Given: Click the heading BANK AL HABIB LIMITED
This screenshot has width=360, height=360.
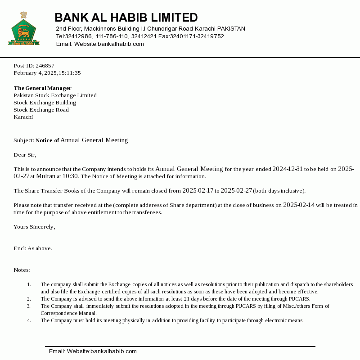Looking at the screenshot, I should click(x=126, y=18).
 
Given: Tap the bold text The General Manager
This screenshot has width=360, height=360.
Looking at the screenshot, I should click(x=42, y=88).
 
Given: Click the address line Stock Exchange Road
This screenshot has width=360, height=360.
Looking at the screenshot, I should click(x=41, y=110).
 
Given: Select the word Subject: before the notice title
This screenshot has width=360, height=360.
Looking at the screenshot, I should click(x=24, y=140).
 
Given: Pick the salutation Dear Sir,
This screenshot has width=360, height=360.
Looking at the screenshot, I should click(x=25, y=155).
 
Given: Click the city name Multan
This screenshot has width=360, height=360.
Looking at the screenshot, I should click(x=45, y=176).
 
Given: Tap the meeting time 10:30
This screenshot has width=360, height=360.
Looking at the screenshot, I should click(x=70, y=176).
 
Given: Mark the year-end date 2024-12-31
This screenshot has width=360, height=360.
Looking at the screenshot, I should click(x=287, y=169).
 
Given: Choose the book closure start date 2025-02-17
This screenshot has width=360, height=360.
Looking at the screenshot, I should click(x=198, y=191).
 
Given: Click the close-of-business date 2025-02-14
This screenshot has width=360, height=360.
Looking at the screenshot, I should click(x=299, y=205).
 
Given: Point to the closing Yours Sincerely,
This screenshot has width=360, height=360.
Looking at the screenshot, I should click(x=34, y=227).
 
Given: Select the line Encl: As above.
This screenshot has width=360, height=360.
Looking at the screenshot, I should click(x=33, y=248).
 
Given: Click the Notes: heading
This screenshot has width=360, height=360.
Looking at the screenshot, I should click(x=22, y=270).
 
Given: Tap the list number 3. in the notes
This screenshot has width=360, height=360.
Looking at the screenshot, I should click(x=29, y=306).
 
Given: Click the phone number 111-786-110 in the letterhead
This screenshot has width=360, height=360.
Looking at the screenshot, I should click(x=112, y=36).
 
